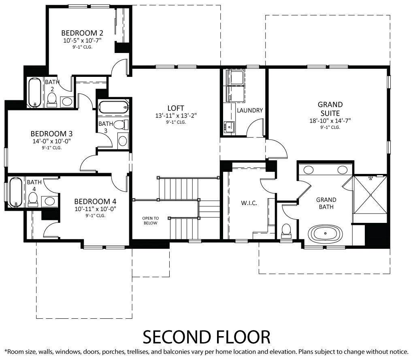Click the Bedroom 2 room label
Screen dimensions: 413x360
click(82, 33)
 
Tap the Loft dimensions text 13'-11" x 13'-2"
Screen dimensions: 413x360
click(176, 116)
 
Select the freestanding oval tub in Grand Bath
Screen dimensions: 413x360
click(325, 233)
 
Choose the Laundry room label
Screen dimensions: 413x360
click(250, 110)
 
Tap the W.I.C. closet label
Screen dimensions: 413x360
click(249, 203)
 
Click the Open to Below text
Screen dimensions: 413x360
click(150, 220)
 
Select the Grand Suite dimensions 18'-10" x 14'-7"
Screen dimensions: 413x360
click(330, 121)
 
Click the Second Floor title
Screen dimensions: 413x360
click(206, 337)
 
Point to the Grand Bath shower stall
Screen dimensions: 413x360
click(370, 195)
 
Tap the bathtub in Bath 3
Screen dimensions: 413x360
click(113, 107)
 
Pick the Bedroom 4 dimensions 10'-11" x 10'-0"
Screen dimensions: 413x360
click(95, 209)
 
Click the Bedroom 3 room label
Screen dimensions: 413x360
click(52, 133)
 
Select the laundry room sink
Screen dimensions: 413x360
click(229, 127)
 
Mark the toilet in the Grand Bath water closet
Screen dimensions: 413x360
click(286, 230)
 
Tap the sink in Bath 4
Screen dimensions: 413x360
click(49, 201)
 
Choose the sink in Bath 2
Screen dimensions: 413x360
click(67, 102)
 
